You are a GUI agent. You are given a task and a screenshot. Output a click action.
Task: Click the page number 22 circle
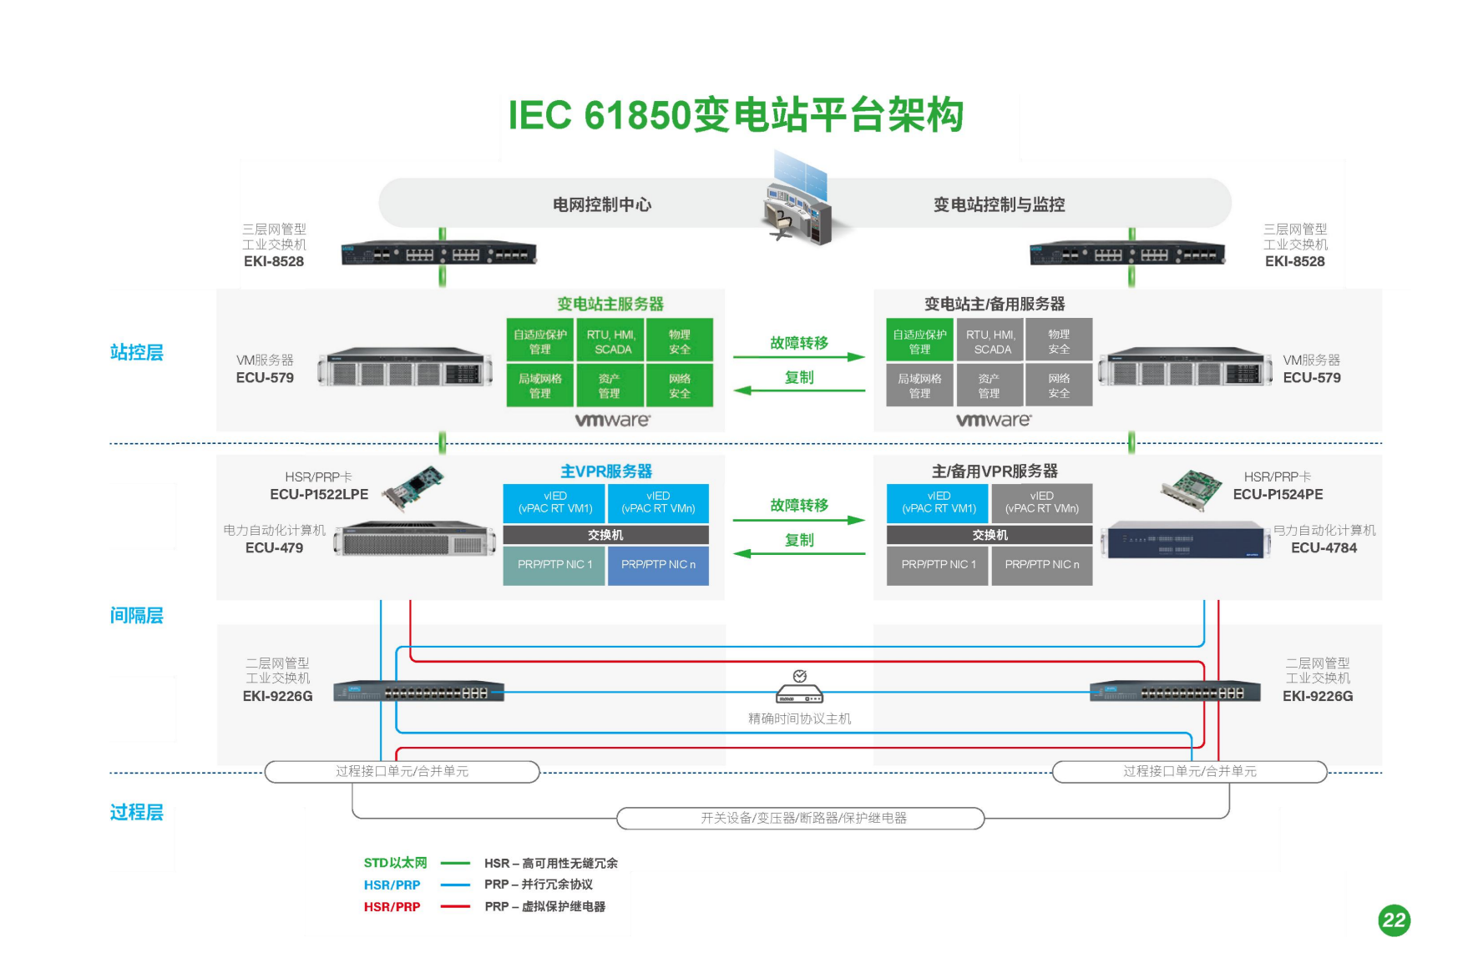click(x=1394, y=920)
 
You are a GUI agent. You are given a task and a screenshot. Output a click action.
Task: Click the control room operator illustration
click(x=798, y=201)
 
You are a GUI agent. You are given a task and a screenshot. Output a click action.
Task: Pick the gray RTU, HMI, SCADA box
click(x=990, y=341)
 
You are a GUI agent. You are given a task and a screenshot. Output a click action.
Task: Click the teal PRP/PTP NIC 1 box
click(x=554, y=565)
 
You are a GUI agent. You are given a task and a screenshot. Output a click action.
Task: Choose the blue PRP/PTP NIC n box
click(x=658, y=565)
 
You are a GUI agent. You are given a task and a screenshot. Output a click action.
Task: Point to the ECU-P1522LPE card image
click(x=414, y=486)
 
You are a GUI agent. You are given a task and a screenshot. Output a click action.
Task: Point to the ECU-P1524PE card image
click(x=1192, y=489)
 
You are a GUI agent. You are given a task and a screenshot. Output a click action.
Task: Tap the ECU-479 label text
click(x=274, y=548)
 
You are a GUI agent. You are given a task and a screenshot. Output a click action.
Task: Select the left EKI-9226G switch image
click(x=418, y=692)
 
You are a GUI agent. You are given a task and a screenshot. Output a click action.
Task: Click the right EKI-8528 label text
click(x=1294, y=261)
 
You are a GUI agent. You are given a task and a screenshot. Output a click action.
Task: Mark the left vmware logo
click(x=612, y=420)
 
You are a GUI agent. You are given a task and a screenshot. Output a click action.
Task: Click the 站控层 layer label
click(x=136, y=352)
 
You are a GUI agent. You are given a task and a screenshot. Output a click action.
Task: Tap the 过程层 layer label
click(x=136, y=812)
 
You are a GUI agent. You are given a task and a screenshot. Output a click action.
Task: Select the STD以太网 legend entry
click(x=395, y=863)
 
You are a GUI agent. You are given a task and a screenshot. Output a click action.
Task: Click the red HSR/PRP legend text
click(x=392, y=907)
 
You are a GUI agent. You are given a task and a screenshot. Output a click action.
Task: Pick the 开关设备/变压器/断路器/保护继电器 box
click(x=801, y=819)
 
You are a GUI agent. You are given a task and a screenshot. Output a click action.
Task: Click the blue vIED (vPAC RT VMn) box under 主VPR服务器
click(x=658, y=502)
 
